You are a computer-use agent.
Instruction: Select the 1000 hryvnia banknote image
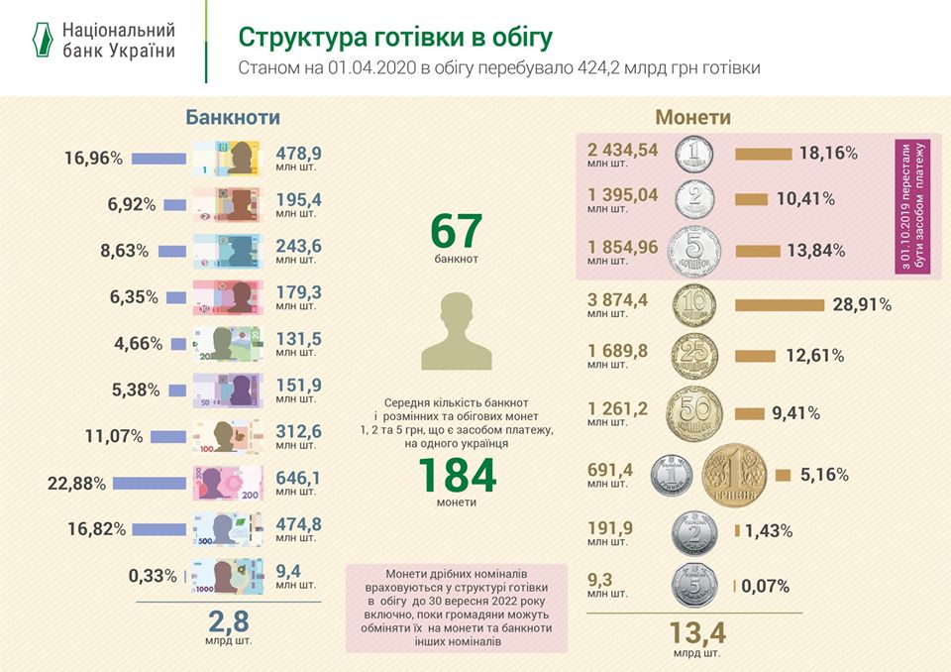pyautogui.click(x=227, y=576)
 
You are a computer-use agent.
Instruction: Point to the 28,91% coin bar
pyautogui.click(x=781, y=304)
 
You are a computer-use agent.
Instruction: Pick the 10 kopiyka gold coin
pyautogui.click(x=695, y=305)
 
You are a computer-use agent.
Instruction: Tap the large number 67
pyautogui.click(x=456, y=232)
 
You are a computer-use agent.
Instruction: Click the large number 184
pyautogui.click(x=456, y=476)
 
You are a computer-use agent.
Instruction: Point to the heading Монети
pyautogui.click(x=693, y=117)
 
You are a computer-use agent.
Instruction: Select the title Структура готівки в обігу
pyautogui.click(x=395, y=37)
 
